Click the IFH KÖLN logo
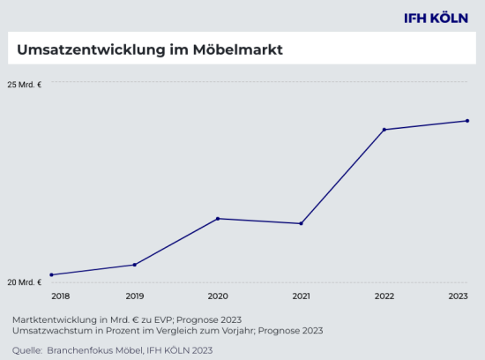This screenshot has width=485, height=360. click(x=435, y=18)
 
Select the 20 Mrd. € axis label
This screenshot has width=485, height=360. click(x=25, y=282)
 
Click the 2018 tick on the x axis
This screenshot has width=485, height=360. click(x=60, y=296)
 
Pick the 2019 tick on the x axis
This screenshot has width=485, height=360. click(x=134, y=296)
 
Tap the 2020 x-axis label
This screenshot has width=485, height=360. click(x=218, y=296)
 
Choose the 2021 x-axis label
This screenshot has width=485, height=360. click(x=301, y=296)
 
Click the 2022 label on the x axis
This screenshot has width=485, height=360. click(x=384, y=296)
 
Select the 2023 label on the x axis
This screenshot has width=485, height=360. click(x=459, y=296)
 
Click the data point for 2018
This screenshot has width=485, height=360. click(x=51, y=274)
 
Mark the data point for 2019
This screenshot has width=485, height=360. click(x=134, y=265)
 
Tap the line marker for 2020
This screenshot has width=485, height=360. click(x=218, y=219)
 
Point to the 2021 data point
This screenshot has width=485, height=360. click(x=301, y=223)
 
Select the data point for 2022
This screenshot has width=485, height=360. click(x=384, y=130)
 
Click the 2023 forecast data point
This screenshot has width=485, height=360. click(x=467, y=121)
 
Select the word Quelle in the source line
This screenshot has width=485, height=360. click(x=26, y=350)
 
